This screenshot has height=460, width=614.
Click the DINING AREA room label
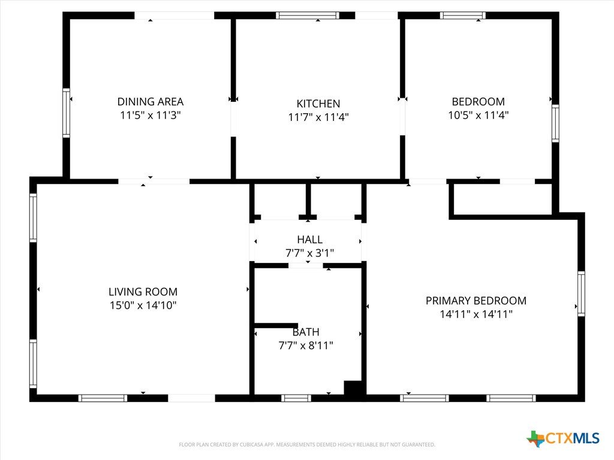point(151,102)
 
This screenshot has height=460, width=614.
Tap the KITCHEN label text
point(318,104)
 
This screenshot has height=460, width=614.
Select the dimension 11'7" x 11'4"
point(318,117)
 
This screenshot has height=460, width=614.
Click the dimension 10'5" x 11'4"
point(478,115)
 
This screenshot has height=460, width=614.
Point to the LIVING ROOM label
point(143,292)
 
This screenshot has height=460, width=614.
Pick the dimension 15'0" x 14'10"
point(143,305)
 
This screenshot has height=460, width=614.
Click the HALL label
point(310,240)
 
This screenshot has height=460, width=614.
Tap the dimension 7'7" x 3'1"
point(310,253)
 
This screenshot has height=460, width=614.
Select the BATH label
point(306,332)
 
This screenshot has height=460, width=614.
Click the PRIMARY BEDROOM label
point(476,301)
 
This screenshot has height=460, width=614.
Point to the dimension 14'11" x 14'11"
point(476,314)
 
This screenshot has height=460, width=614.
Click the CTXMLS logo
point(563,438)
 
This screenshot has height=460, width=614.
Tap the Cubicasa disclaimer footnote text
point(307,445)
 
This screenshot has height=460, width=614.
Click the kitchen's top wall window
point(308,15)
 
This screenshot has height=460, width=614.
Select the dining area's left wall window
point(66,113)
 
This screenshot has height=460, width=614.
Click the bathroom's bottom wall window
point(296,398)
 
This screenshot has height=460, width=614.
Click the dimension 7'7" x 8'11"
point(306,346)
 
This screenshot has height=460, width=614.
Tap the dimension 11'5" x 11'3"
point(151,115)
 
